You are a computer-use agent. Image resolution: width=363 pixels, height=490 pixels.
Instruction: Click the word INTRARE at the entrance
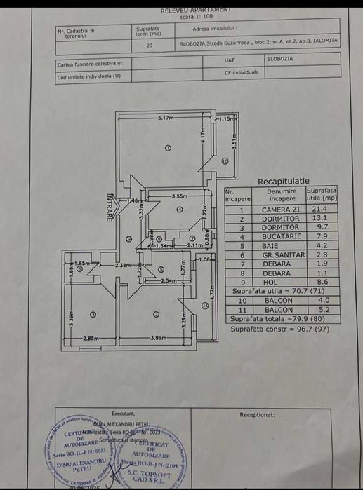pyautogui.click(x=109, y=207)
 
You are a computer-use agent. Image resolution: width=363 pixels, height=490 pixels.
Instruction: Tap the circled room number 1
pyautogui.click(x=168, y=149)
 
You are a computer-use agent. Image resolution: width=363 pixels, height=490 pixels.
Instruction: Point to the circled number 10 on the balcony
pyautogui.click(x=225, y=161)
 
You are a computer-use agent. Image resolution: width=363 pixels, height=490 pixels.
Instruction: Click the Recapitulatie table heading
pyautogui.click(x=283, y=181)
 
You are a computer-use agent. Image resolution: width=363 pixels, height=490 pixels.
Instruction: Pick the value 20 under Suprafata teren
pyautogui.click(x=149, y=45)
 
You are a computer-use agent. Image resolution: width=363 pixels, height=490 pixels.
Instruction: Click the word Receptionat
pyautogui.click(x=257, y=414)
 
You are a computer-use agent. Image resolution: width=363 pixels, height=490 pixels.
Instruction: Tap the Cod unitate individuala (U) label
pyautogui.click(x=87, y=77)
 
